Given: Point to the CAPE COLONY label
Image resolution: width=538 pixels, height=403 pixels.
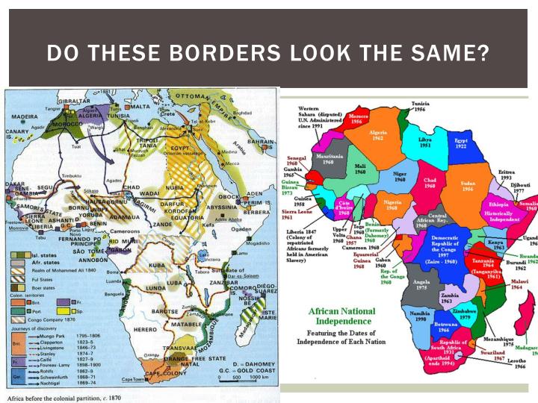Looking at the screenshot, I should [x=162, y=372].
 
